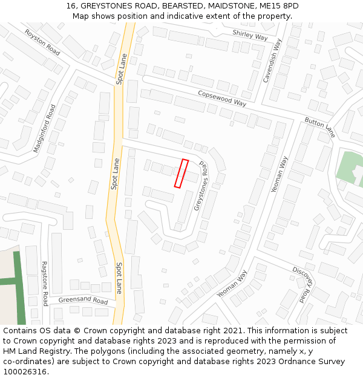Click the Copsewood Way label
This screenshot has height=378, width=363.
(222, 98)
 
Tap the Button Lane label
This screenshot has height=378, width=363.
(319, 127)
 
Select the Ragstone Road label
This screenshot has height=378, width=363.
(44, 284)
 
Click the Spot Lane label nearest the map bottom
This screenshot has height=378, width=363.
(119, 278)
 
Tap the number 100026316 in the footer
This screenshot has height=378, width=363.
(25, 371)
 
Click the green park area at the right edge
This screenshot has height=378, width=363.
(348, 167)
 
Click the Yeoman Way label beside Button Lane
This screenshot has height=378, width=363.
(280, 174)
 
